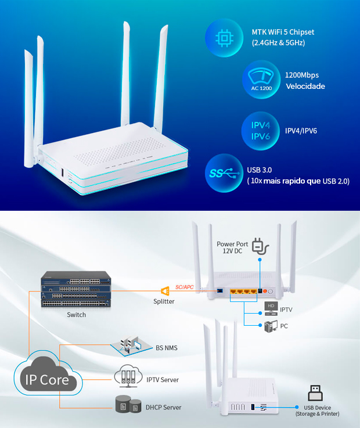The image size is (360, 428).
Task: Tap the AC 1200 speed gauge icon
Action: click(x=261, y=80)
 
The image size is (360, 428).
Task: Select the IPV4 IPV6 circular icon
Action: click(x=260, y=131)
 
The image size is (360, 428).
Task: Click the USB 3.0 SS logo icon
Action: click(x=222, y=172)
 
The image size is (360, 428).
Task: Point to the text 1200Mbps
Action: click(x=302, y=75)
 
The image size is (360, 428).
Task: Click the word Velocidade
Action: click(x=305, y=87)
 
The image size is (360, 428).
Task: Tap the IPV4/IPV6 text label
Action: click(x=301, y=131)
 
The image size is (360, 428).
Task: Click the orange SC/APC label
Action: click(x=184, y=287)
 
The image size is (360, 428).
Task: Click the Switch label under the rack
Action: click(x=76, y=315)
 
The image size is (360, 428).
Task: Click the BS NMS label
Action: click(x=167, y=348)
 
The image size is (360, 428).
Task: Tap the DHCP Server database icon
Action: click(x=128, y=407)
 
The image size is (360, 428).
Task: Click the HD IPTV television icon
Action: click(x=271, y=307)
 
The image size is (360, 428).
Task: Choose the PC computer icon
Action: click(x=271, y=326)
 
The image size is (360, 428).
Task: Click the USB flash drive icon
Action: click(x=316, y=393)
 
